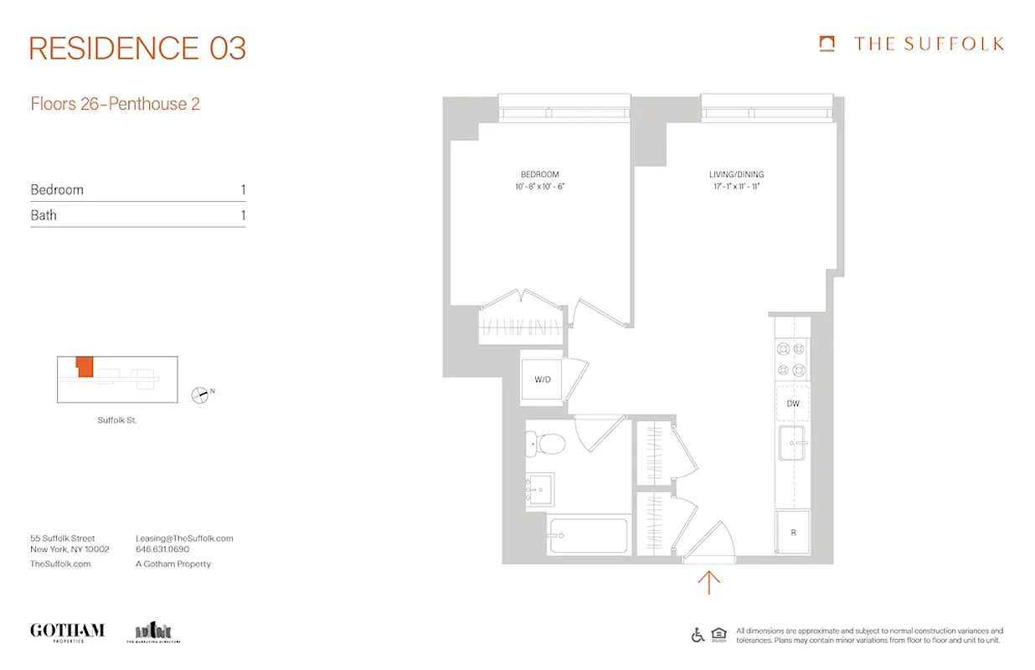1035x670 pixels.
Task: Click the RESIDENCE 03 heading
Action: (138, 49)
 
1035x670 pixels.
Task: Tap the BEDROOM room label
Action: (540, 175)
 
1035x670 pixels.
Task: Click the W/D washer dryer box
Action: (543, 379)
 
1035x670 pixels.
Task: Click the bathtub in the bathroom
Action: (588, 535)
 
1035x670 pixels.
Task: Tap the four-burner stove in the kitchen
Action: (791, 358)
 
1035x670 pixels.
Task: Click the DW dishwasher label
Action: (792, 404)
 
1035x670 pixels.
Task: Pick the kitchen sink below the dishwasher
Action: (791, 443)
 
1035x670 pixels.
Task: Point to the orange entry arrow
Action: (708, 581)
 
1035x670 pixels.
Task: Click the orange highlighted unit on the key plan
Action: (84, 367)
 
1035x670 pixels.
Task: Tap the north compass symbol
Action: (200, 394)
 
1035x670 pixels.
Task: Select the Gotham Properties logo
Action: (67, 631)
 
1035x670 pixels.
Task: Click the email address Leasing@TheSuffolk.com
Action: (184, 539)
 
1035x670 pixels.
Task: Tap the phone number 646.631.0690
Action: (162, 550)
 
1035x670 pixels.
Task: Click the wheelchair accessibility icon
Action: (698, 635)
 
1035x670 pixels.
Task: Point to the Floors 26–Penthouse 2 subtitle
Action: (115, 105)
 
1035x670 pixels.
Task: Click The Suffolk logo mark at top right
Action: (827, 44)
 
